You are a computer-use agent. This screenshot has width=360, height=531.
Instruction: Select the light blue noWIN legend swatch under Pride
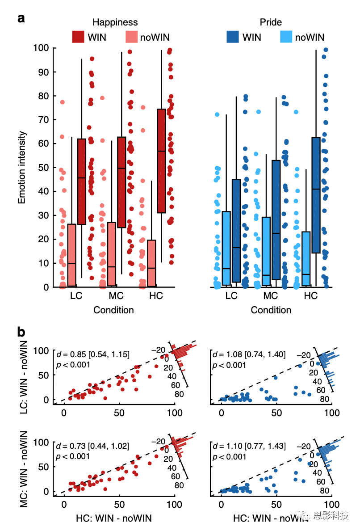click(286, 37)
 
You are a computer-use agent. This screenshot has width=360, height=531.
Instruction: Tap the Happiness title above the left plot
click(115, 22)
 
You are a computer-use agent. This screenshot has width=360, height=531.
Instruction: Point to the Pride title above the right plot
click(271, 22)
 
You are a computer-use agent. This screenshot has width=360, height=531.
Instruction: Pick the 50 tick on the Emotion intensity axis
click(42, 168)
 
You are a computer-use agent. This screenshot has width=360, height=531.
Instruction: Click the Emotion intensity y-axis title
click(22, 167)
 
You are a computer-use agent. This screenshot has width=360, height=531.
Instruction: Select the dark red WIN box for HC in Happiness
click(161, 161)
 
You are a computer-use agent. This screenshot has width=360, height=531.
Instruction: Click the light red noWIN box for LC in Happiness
click(71, 255)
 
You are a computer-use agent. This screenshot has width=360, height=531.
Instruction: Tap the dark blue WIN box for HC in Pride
click(316, 195)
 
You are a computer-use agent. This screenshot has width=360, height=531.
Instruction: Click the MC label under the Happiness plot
click(116, 296)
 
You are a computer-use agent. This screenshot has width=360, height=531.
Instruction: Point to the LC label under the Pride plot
click(231, 296)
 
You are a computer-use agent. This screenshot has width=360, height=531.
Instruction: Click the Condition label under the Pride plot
click(271, 310)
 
